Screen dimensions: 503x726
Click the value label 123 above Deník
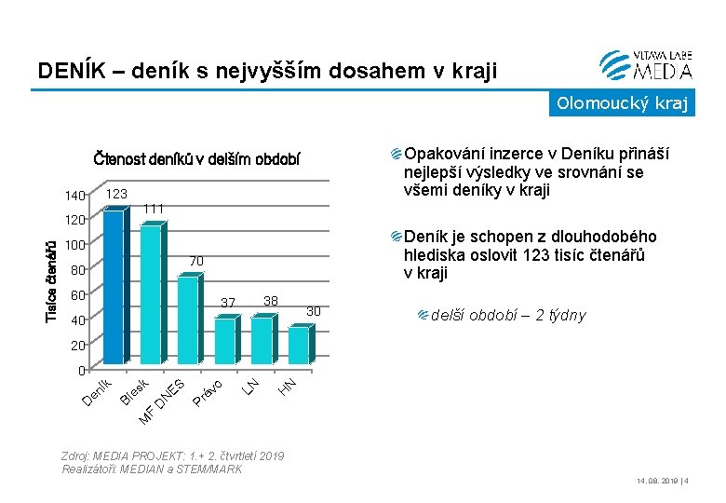[x=116, y=194]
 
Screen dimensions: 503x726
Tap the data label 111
[x=155, y=207]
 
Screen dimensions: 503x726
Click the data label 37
[x=229, y=302]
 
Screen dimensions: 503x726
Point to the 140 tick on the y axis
[x=74, y=196]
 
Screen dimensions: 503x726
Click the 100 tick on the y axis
[x=74, y=246]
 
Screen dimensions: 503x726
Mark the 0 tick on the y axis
[x=81, y=371]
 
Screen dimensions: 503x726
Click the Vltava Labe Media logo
[x=646, y=63]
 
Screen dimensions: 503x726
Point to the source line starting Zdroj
[x=173, y=462]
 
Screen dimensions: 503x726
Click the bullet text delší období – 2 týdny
[x=508, y=315]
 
